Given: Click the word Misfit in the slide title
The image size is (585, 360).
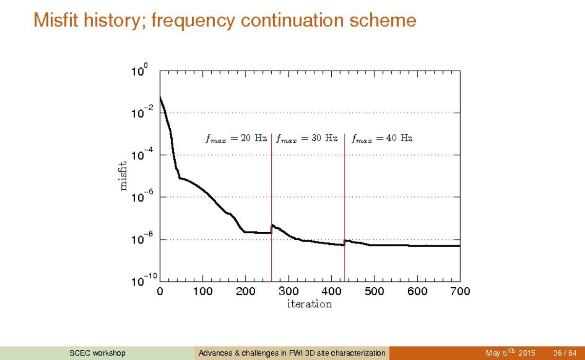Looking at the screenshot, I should point(55,20).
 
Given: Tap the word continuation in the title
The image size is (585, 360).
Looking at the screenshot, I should point(297,20).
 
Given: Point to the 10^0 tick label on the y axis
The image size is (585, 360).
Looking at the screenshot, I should point(139,72).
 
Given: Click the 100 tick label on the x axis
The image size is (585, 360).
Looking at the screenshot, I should point(202,292).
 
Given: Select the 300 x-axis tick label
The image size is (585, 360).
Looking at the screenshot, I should point(288,292).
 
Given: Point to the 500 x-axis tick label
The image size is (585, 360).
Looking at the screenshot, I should point(374,292).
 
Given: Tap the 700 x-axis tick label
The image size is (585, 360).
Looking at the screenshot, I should point(460,292).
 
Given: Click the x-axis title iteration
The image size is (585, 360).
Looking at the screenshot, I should point(309,304).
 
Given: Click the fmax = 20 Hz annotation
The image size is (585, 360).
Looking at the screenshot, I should point(236,139).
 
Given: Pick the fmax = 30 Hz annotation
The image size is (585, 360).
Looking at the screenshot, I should point(307,139).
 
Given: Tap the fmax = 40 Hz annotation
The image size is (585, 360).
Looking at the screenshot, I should point(382,139).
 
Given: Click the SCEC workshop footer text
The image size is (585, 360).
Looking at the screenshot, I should point(97,353).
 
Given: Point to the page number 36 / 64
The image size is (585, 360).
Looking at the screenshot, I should point(565,353).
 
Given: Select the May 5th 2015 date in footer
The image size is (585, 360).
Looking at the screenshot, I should point(510,353).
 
